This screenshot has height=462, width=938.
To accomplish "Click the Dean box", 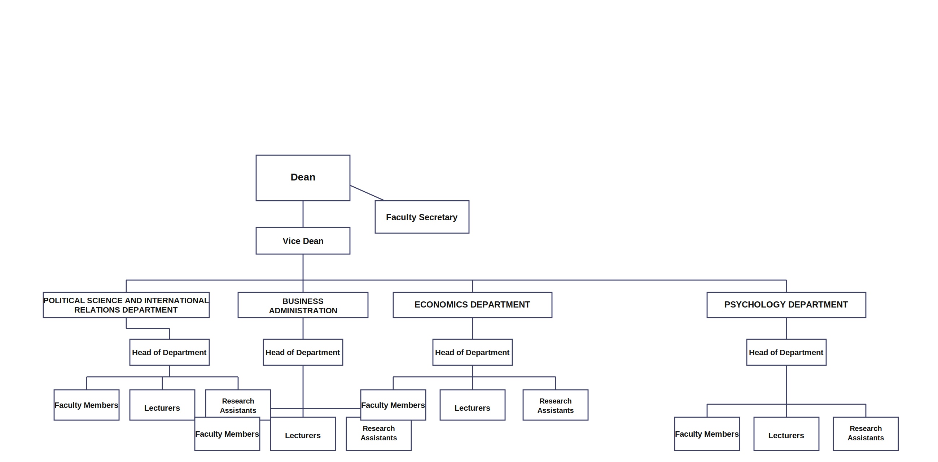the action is point(303,178).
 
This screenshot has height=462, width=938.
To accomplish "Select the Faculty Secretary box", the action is point(422,217).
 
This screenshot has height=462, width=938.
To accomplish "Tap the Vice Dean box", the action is point(303,241).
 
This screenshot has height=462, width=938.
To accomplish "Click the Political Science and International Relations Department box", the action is point(126,305).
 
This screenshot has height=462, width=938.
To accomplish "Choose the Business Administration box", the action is point(303,305).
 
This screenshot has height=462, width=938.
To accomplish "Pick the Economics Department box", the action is point(472,305).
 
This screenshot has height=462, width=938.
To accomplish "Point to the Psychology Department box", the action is point(786,305).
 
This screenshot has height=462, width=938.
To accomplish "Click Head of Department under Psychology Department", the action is point(786,352).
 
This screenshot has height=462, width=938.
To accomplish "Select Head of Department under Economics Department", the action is point(472,352).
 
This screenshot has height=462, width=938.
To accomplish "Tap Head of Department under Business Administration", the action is point(303,352).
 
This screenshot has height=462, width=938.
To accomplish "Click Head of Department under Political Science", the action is point(169,352).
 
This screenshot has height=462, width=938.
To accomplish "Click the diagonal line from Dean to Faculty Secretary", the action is point(367,193).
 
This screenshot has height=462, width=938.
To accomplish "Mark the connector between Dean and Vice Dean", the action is point(303,214).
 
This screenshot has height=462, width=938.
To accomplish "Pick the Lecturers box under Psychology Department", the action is point(786,434).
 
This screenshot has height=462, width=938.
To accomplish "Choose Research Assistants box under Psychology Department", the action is point(865,434).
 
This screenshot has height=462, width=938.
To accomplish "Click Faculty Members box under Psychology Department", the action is point(707,434).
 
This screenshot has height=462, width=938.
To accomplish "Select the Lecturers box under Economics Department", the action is point(472,405).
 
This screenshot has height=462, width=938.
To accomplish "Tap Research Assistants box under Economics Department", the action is point(555,405).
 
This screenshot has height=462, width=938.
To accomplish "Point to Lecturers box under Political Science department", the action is point(162,405).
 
